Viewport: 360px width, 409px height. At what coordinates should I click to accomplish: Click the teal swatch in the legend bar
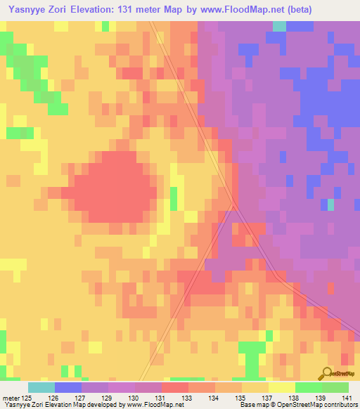[41, 387]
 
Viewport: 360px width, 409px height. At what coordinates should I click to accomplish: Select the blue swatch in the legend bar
[68, 387]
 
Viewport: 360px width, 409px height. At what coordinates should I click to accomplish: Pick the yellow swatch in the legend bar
[282, 387]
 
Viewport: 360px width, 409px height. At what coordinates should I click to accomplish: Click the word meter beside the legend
[10, 398]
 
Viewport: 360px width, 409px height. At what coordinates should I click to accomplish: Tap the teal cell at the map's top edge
[279, 26]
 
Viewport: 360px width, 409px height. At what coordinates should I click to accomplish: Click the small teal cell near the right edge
[330, 204]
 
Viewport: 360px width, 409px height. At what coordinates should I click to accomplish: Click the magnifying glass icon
[326, 373]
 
